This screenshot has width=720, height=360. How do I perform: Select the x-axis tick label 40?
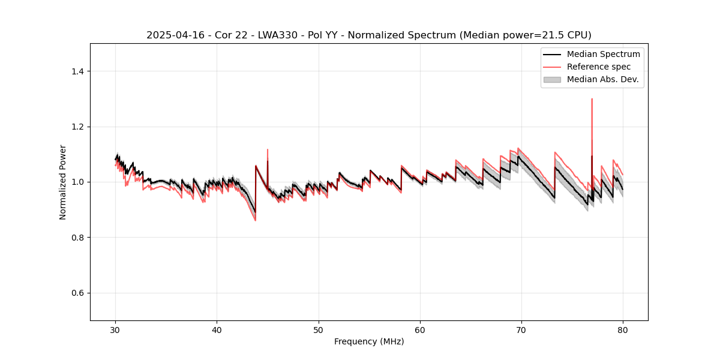(217, 330)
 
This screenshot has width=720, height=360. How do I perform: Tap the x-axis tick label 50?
(319, 330)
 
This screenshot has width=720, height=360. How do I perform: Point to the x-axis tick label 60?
(420, 330)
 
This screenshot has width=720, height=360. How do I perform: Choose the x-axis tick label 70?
(521, 330)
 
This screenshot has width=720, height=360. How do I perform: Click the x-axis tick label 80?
(623, 330)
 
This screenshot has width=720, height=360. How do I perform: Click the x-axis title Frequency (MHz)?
(369, 341)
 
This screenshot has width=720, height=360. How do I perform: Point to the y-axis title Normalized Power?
(63, 182)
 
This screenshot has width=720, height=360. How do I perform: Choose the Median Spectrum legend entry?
(603, 54)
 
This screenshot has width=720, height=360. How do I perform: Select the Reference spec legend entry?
(598, 67)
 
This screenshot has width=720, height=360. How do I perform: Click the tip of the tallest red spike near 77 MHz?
(592, 99)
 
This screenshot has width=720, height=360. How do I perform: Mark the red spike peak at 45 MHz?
(268, 149)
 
